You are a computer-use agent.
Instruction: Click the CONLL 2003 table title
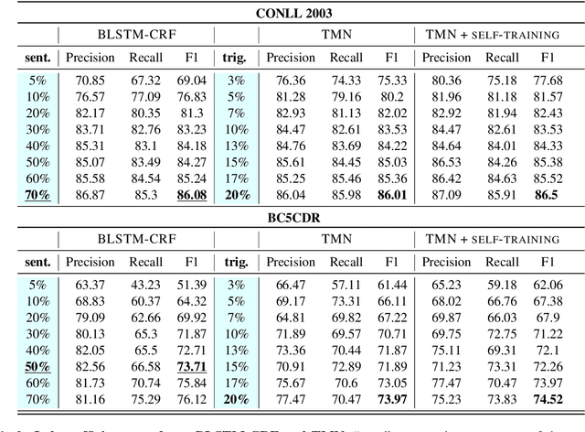292,13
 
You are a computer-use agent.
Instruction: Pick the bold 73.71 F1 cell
190,365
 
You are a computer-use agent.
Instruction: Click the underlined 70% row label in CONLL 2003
37,194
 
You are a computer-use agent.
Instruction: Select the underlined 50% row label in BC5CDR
37,365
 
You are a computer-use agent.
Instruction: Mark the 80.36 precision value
445,79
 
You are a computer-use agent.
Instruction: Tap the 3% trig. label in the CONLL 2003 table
236,79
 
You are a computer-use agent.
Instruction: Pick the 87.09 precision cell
445,194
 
